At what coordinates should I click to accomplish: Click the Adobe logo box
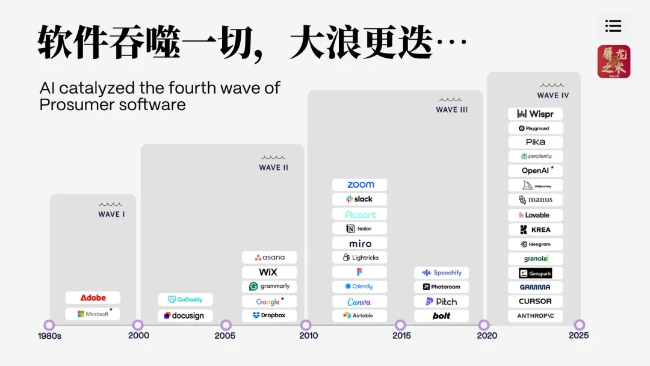[x=93, y=297]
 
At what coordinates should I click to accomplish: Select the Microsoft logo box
[x=93, y=314]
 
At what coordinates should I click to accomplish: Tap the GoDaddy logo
[x=185, y=299]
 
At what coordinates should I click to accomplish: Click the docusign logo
[x=185, y=315]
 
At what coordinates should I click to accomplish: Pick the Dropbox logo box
[x=269, y=315]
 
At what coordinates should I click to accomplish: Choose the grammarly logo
[x=269, y=287]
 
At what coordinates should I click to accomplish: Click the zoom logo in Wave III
[x=360, y=185]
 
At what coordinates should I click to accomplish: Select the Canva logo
[x=360, y=302]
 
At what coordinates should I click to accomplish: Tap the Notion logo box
[x=360, y=229]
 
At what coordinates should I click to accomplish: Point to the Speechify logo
[x=442, y=273]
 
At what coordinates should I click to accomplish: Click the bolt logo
[x=442, y=316]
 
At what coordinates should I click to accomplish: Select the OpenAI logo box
[x=536, y=170]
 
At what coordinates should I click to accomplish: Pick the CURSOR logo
[x=536, y=302]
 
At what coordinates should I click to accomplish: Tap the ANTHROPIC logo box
[x=536, y=316]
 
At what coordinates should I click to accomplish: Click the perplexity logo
[x=536, y=156]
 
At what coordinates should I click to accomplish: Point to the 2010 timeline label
[x=309, y=335]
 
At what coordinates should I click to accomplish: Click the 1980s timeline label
[x=49, y=335]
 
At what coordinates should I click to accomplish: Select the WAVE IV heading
[x=552, y=95]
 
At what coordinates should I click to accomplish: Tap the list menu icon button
[x=613, y=26]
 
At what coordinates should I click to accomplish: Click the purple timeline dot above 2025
[x=579, y=325]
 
